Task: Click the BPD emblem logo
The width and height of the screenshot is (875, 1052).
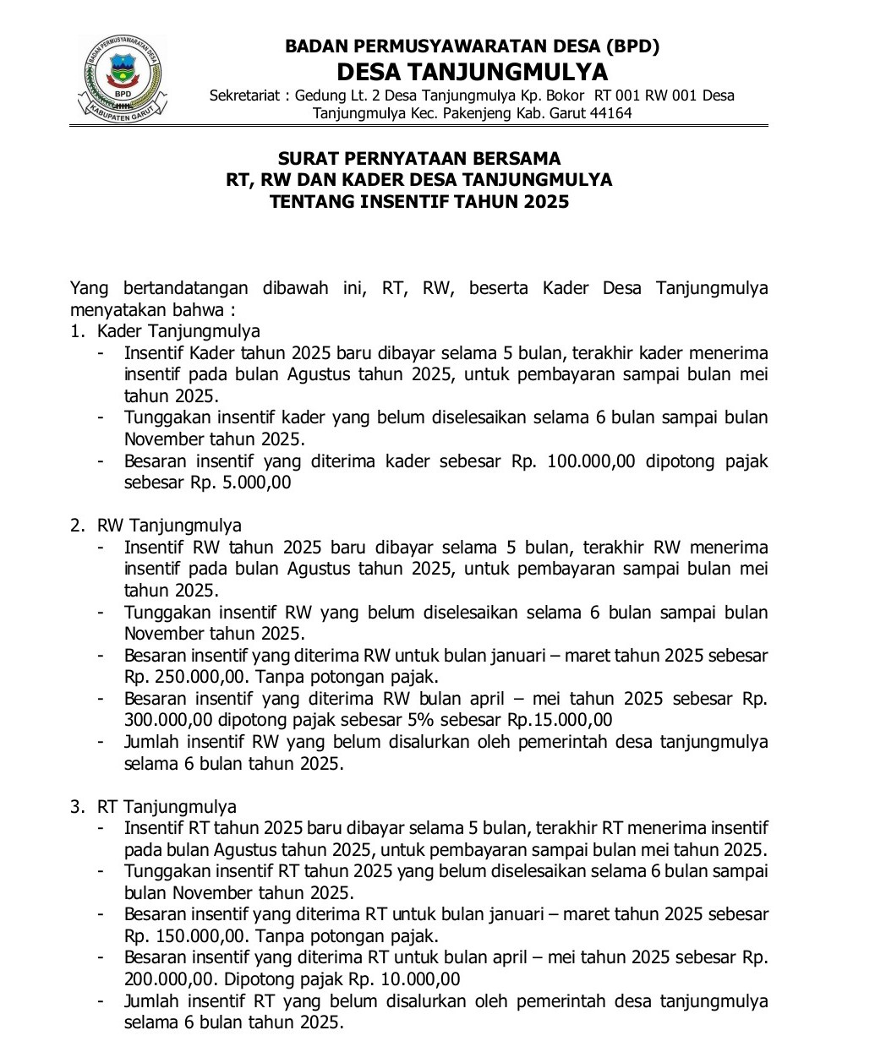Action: [x=123, y=78]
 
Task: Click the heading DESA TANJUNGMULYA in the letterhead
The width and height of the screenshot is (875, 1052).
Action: [x=472, y=71]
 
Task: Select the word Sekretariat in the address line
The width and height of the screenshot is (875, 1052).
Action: [x=244, y=95]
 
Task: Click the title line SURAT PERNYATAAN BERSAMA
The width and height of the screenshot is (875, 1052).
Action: [x=419, y=158]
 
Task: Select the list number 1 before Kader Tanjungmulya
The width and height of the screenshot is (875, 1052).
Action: [x=76, y=331]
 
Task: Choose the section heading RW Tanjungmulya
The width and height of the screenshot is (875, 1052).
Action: [x=169, y=526]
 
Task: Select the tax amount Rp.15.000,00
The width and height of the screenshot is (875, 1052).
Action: [x=559, y=720]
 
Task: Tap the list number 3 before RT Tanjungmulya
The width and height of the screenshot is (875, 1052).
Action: [x=76, y=807]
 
